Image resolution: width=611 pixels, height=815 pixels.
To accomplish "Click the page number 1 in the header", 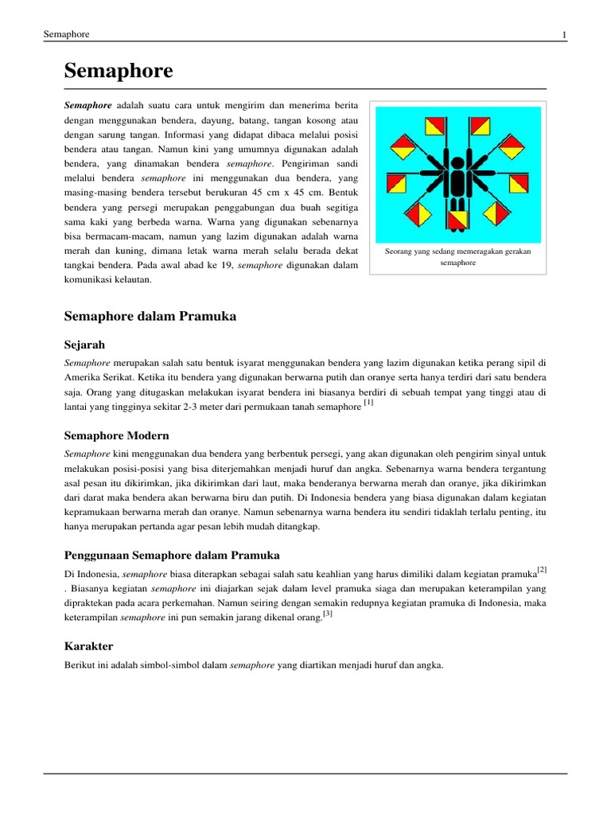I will [x=563, y=35].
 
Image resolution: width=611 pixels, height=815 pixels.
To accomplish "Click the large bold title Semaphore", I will [x=118, y=72].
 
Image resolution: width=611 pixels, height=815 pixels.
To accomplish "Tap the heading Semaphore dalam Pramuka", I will [x=150, y=316].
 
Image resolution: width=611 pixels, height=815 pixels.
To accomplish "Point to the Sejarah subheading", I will [x=84, y=345].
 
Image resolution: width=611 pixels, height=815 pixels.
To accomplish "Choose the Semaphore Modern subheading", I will [x=116, y=435].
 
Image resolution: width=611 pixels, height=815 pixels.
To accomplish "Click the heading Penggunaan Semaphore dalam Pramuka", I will [x=171, y=554].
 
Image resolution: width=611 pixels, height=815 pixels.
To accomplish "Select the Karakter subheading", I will [x=88, y=645].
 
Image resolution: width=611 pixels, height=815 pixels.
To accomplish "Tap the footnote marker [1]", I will [x=368, y=404].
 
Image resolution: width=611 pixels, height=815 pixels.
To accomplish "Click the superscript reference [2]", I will [x=542, y=569].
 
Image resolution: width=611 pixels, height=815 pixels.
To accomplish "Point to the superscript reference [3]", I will [x=327, y=614].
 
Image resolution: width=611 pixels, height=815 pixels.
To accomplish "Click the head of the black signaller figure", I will [x=457, y=164].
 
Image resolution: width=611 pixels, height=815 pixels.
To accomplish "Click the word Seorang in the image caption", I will [x=399, y=251].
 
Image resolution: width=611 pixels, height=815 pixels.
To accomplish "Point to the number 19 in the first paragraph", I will [x=227, y=264].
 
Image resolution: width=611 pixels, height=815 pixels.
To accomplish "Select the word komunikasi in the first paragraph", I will [x=88, y=279].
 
